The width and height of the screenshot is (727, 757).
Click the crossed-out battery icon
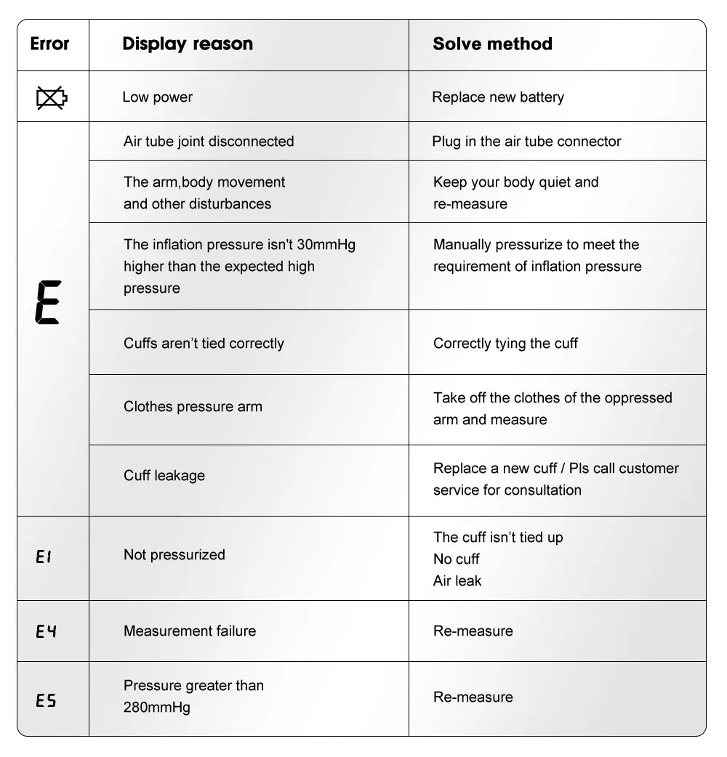point(52,97)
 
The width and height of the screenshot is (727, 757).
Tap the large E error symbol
point(48,301)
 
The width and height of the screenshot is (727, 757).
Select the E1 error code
point(44,557)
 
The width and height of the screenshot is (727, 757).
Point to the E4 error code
point(46,631)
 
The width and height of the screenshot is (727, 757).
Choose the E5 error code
point(46,700)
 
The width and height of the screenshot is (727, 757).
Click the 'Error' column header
point(49,44)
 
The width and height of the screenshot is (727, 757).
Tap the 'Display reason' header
point(188,44)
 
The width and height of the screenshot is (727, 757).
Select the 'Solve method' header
point(492,44)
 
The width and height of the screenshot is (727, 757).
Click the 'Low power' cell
point(157,97)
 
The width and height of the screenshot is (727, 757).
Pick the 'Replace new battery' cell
point(497,97)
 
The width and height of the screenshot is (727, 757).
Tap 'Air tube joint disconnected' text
point(209,142)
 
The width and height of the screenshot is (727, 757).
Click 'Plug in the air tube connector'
point(526,142)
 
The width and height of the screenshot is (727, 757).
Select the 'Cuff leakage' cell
point(164,476)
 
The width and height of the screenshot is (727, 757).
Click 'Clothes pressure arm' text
point(193,407)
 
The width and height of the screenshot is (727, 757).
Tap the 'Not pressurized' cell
point(174,555)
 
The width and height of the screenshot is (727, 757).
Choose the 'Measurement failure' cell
point(190,631)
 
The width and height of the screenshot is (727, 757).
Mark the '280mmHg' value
point(157,707)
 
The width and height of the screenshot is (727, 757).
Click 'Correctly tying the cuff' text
point(505,344)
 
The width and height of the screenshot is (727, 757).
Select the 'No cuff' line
point(457,559)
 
